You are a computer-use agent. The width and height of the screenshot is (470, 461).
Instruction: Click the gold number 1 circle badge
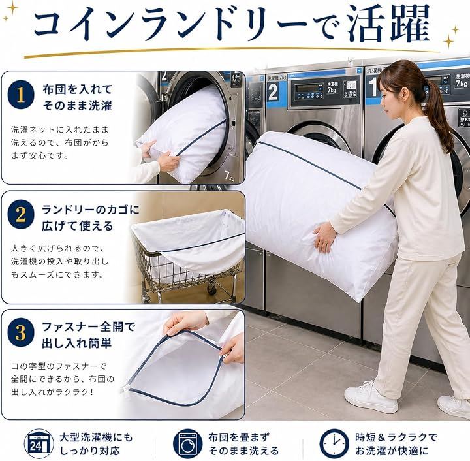[x=21, y=95]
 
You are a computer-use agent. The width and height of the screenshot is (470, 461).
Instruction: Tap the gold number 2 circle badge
[x=21, y=214]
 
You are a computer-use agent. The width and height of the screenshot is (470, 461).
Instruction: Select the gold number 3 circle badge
[x=21, y=333]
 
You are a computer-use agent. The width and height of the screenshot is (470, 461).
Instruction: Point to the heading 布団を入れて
[x=77, y=89]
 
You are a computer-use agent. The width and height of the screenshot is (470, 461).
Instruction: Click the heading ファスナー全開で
[x=88, y=326]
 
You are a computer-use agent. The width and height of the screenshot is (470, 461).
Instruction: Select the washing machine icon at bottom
[x=187, y=444]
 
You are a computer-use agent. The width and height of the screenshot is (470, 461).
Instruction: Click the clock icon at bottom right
[x=334, y=444]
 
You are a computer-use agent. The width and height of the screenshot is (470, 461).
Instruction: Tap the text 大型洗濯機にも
[x=96, y=437]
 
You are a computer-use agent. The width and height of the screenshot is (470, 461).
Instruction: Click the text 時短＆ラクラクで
[x=396, y=437]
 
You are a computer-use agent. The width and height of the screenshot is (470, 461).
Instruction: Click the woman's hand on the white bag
[x=324, y=237]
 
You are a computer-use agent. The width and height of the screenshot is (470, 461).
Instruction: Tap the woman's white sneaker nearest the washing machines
[x=371, y=396]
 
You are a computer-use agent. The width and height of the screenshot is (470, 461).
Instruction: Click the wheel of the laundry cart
[x=212, y=289]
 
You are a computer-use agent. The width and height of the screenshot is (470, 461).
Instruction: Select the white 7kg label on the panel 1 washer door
[x=229, y=176]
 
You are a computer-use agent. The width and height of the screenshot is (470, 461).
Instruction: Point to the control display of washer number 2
[x=309, y=89]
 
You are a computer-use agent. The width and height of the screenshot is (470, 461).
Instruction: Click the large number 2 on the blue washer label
[x=273, y=91]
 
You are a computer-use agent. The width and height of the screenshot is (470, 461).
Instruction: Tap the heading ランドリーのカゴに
[x=91, y=210]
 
